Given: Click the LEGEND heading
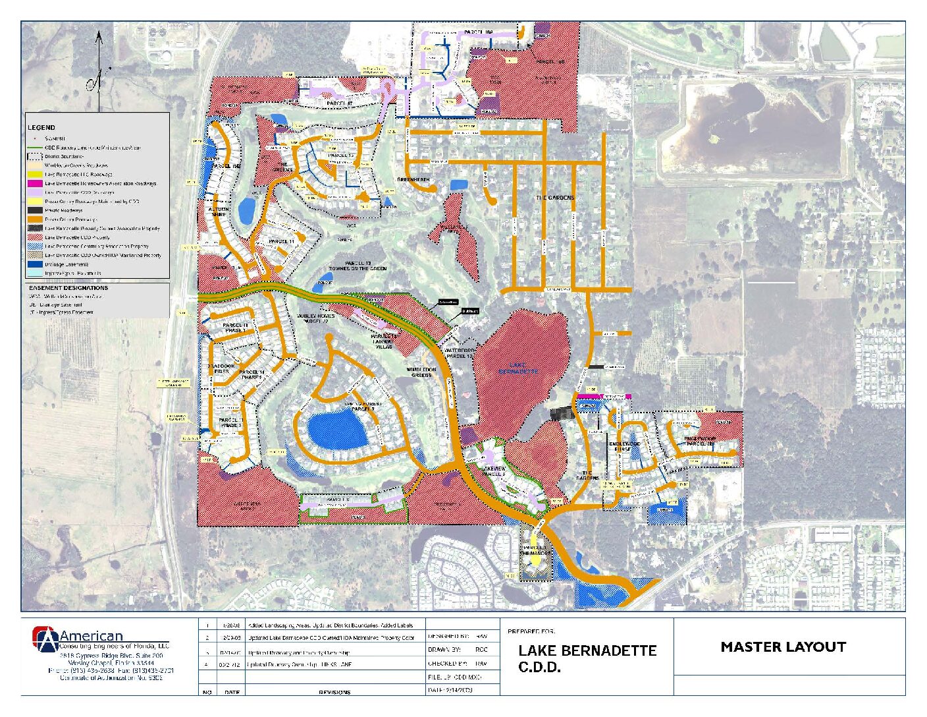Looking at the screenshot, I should pyautogui.click(x=41, y=127).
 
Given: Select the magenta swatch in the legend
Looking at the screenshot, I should pyautogui.click(x=35, y=183).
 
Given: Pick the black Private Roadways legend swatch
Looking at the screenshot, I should pyautogui.click(x=35, y=210).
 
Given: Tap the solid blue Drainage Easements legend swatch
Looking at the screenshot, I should pyautogui.click(x=35, y=264).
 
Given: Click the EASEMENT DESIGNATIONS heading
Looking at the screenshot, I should pyautogui.click(x=68, y=288).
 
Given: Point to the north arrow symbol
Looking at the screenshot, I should pyautogui.click(x=98, y=72).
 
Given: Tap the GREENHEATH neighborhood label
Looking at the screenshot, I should pyautogui.click(x=413, y=180).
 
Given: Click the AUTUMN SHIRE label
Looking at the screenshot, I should pyautogui.click(x=219, y=212).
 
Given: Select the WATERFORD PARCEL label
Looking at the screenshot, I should pyautogui.click(x=459, y=353).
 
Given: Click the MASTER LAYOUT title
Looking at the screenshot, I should pyautogui.click(x=783, y=646).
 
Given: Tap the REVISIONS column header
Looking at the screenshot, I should pyautogui.click(x=334, y=692).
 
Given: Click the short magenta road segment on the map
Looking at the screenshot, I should pyautogui.click(x=602, y=396).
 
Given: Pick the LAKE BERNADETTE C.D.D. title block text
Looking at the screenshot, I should pyautogui.click(x=587, y=658).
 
